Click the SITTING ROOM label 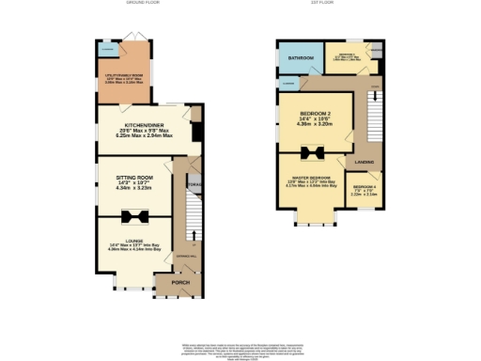click(x=134, y=177)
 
